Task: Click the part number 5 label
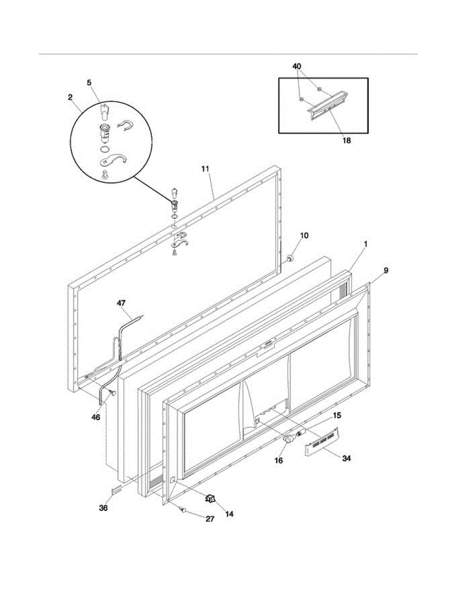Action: click(89, 83)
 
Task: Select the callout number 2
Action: click(70, 97)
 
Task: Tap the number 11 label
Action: click(206, 169)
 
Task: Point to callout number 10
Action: click(304, 235)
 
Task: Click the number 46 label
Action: click(96, 417)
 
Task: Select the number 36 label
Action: click(103, 508)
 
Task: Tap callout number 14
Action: click(229, 514)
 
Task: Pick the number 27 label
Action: click(210, 519)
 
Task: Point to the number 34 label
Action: click(347, 458)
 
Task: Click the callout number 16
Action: click(279, 460)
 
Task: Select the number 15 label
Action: click(337, 415)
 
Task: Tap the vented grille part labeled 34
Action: click(323, 440)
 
